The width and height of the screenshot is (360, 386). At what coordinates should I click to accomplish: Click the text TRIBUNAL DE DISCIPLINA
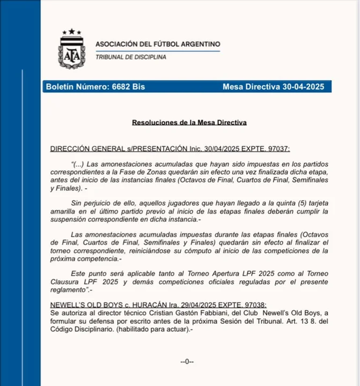click(131, 57)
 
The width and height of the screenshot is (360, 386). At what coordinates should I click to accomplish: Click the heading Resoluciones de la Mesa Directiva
click(190, 122)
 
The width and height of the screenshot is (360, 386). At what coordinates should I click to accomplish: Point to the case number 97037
click(278, 149)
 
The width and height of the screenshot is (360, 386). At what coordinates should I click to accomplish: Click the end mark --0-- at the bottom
click(187, 362)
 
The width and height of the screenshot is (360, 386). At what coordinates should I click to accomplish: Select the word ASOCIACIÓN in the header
click(118, 44)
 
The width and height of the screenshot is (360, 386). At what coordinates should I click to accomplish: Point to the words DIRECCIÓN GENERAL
click(87, 149)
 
